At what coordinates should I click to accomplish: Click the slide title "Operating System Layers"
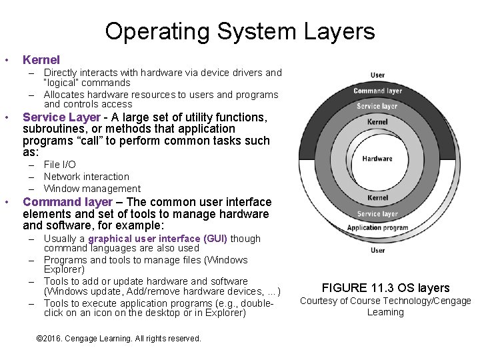(240, 31)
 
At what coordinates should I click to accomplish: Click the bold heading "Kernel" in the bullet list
(41, 60)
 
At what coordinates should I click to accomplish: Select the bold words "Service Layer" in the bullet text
(61, 117)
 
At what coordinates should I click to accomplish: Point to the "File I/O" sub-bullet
(60, 165)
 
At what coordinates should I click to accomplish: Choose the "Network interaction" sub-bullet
(87, 177)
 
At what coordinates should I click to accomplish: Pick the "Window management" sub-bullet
(92, 189)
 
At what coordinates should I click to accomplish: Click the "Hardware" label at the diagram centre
(377, 159)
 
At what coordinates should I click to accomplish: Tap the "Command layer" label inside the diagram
(377, 91)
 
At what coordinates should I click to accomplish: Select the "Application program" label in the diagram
(377, 227)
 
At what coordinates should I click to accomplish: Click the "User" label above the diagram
(377, 75)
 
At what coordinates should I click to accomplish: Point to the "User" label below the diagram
(377, 250)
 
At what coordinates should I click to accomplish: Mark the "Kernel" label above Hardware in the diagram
(377, 122)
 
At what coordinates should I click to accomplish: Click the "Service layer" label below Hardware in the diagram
(377, 214)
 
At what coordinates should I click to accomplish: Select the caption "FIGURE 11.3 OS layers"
(385, 288)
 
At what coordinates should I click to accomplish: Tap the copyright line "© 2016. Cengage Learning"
(119, 339)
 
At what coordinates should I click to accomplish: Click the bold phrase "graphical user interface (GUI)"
(158, 239)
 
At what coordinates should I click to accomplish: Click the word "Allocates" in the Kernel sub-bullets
(65, 95)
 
